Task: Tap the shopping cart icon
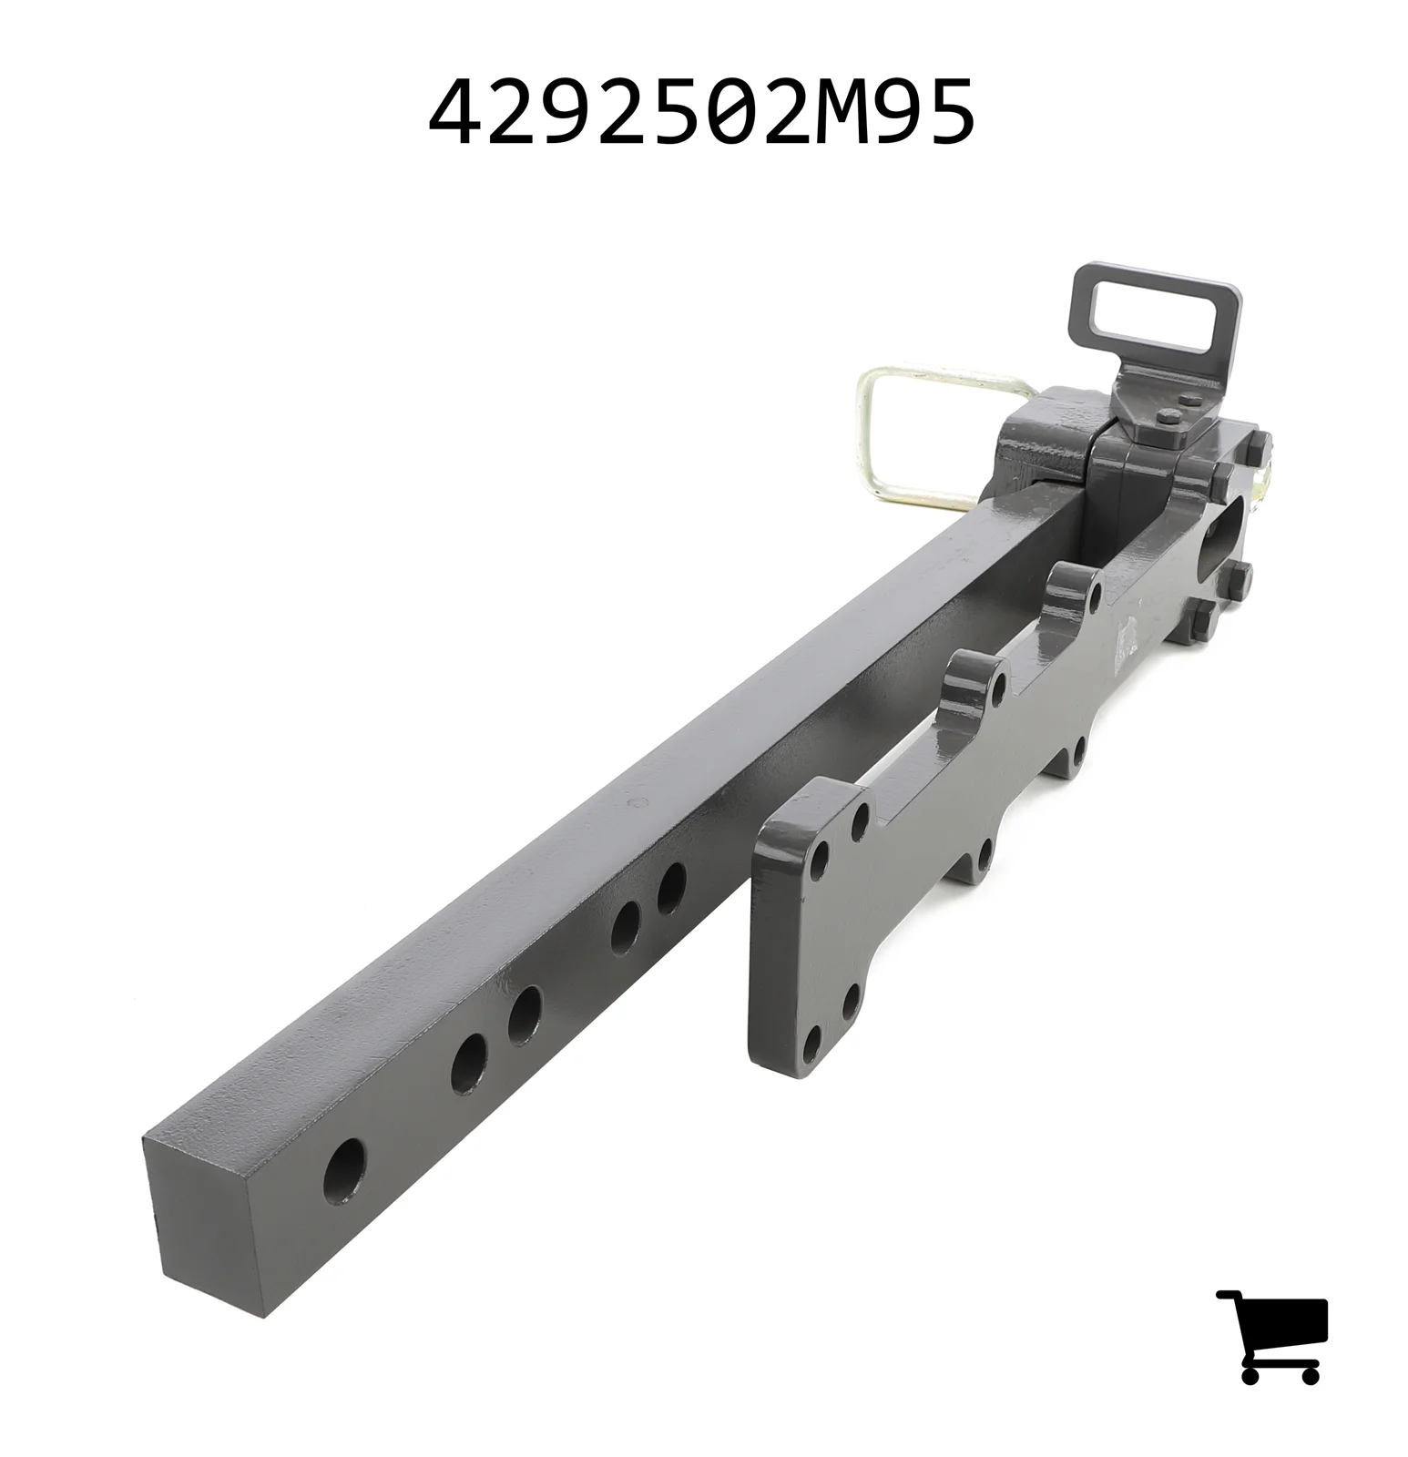1272,1336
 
